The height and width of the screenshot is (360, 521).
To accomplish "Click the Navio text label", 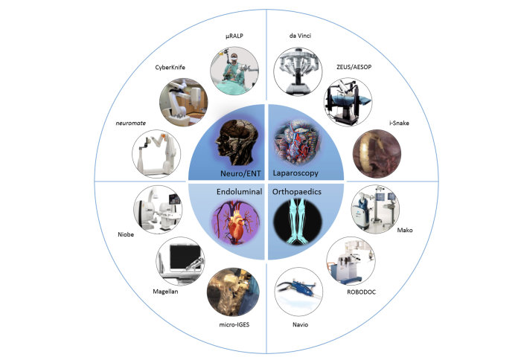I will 300,325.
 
